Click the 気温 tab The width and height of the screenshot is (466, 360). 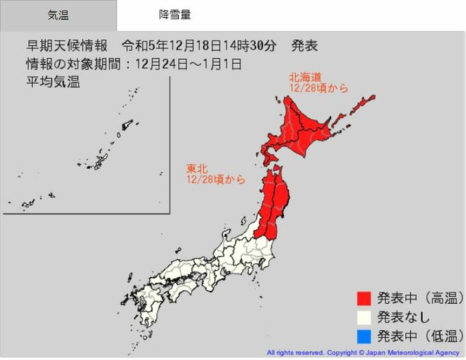58,14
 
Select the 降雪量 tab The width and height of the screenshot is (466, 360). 175,14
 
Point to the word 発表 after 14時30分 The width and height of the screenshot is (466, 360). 304,47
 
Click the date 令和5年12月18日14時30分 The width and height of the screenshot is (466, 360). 199,47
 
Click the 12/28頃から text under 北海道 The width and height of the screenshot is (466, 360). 319,88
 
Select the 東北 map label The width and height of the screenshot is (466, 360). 195,168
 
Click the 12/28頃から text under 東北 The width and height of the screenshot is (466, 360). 216,179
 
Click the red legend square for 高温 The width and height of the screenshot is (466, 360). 364,298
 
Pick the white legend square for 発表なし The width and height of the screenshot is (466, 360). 364,317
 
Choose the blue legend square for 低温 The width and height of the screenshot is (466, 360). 364,336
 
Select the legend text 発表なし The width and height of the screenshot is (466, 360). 404,317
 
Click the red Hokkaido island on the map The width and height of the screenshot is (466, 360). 308,130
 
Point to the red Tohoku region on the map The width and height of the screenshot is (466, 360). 274,202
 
